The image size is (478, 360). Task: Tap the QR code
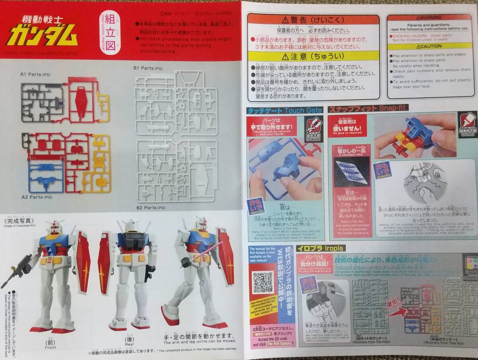(263, 282)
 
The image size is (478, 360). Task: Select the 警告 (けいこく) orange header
(313, 20)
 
